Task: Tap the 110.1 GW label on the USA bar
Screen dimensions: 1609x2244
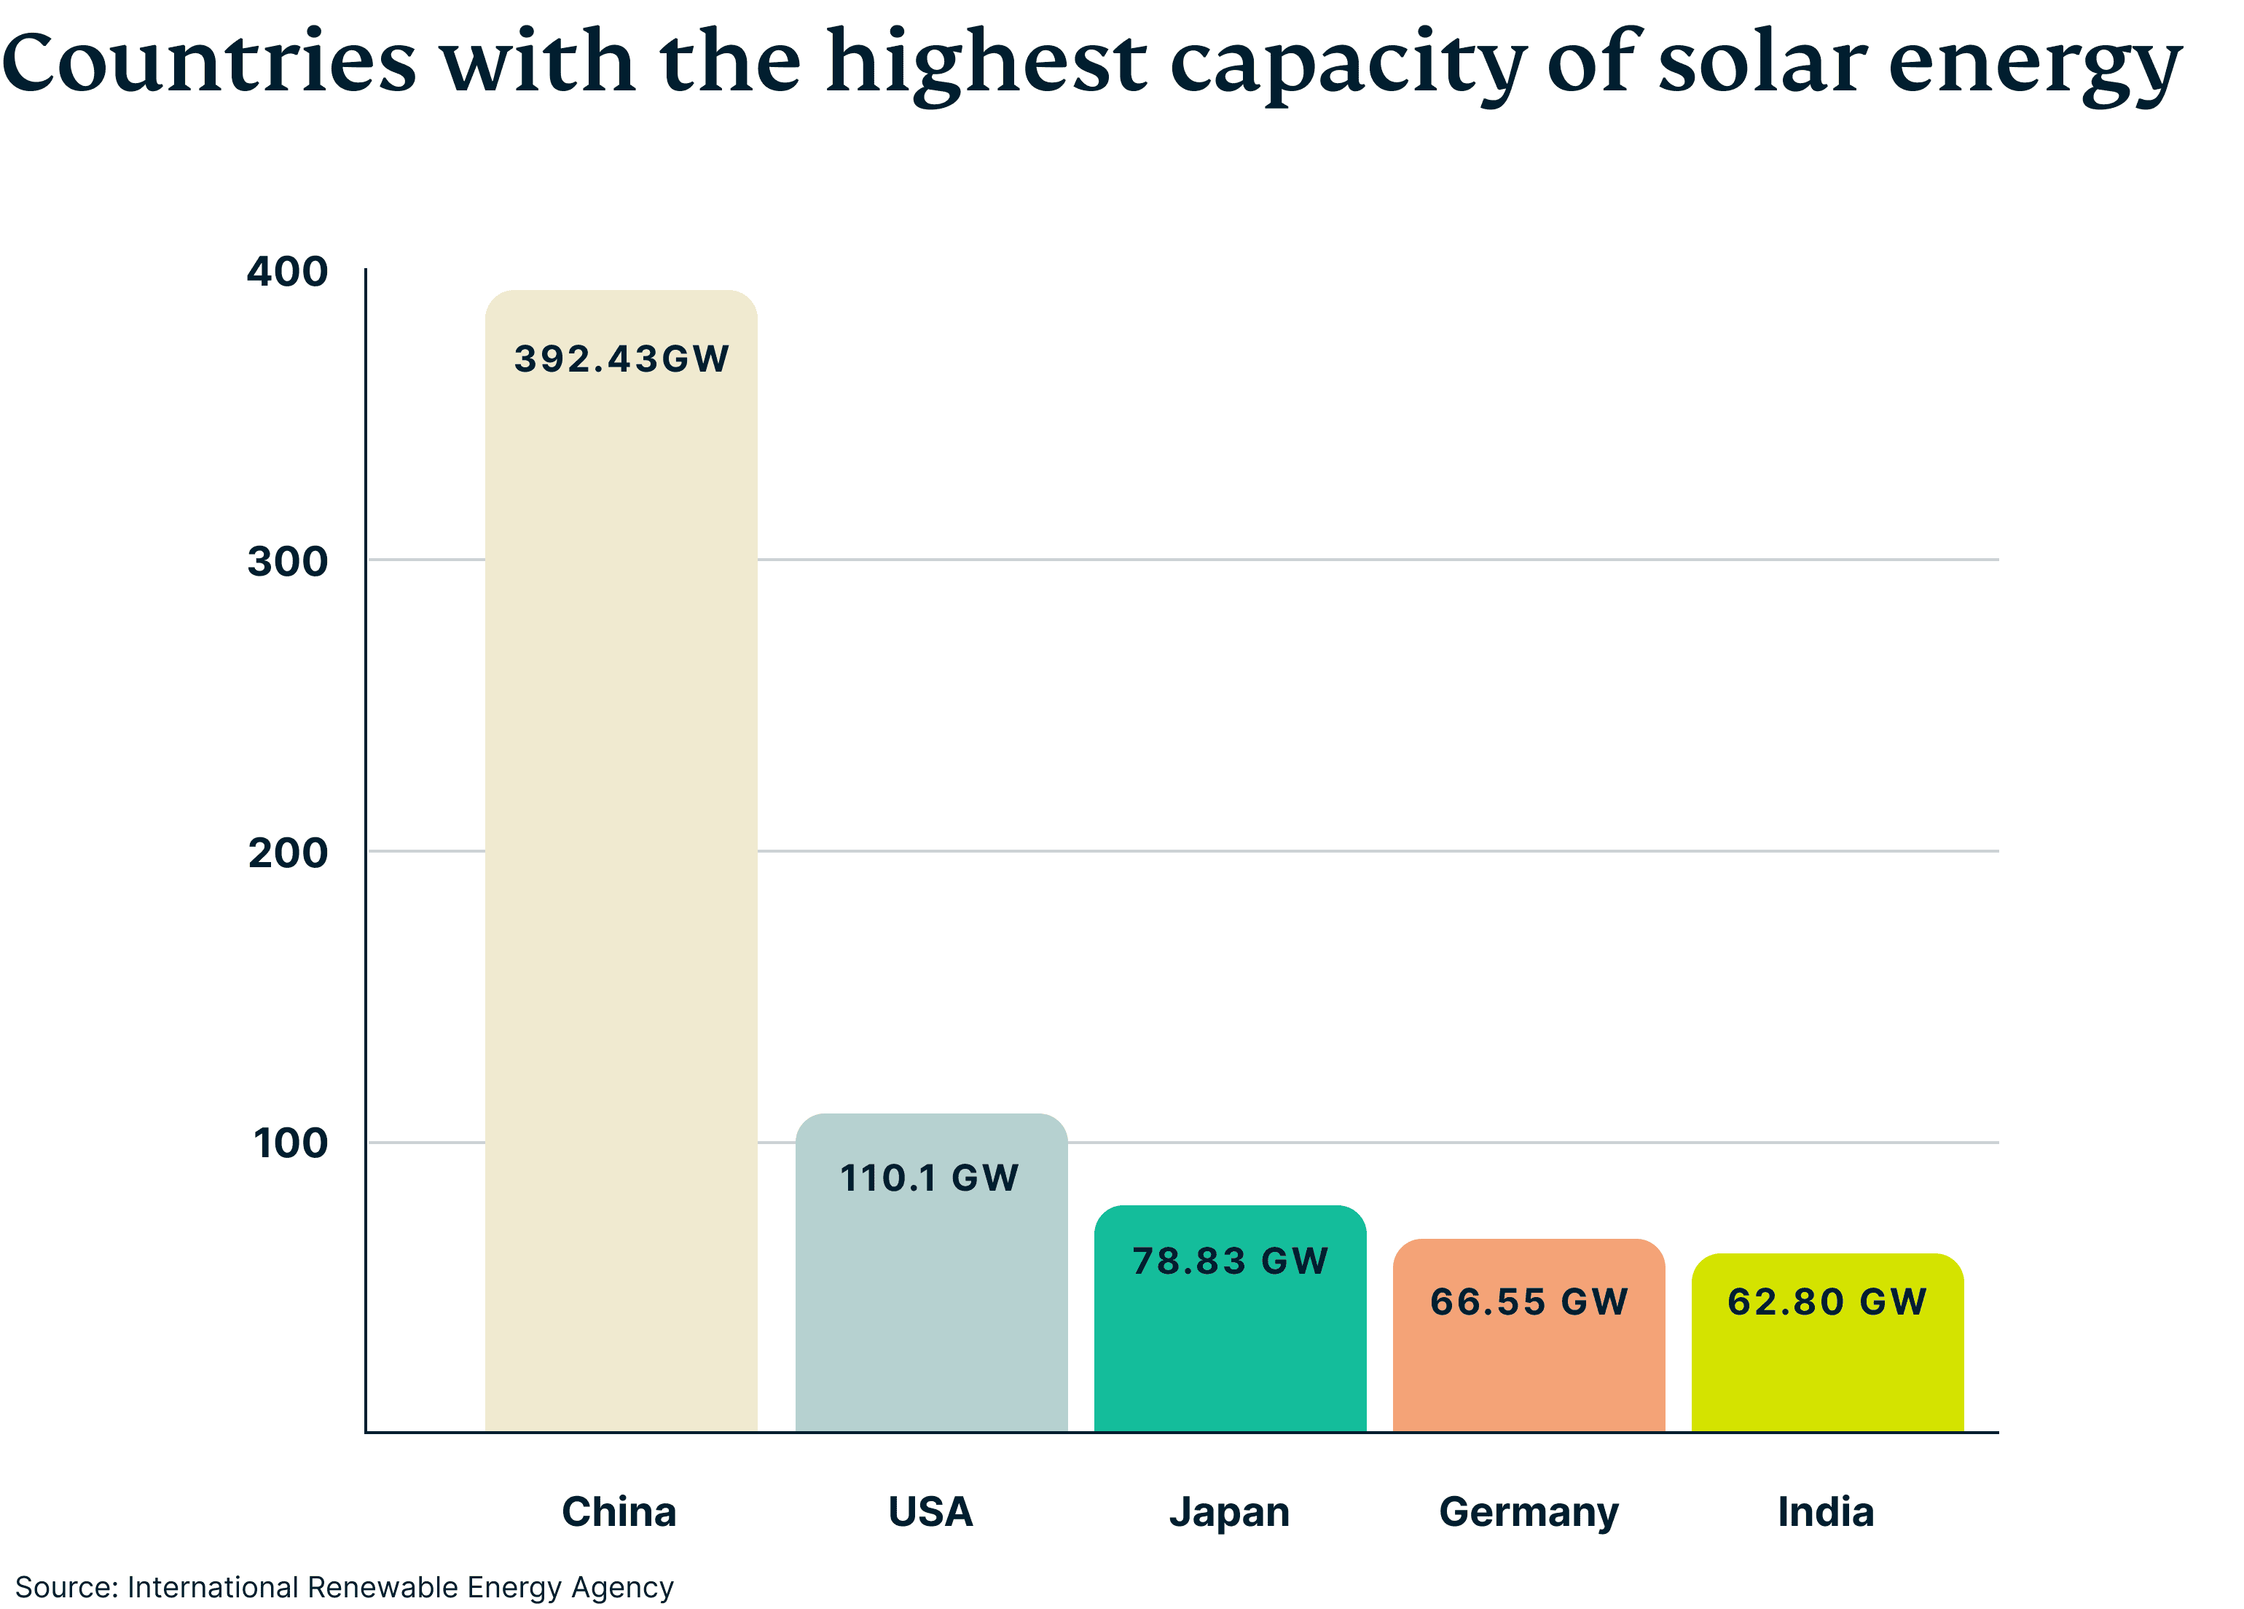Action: point(929,1178)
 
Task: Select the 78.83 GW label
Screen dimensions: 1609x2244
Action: point(1230,1261)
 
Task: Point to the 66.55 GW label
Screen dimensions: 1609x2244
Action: point(1529,1302)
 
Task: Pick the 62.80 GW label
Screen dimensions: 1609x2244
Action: point(1827,1302)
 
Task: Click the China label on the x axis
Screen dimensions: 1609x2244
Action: point(619,1513)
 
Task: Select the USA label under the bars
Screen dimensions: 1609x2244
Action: point(930,1513)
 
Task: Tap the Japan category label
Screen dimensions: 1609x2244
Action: point(1229,1513)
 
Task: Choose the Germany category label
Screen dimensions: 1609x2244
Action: point(1529,1513)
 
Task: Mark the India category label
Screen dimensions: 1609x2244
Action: point(1826,1513)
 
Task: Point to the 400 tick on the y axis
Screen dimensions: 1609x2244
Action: point(287,272)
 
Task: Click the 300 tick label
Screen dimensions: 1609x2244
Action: point(287,562)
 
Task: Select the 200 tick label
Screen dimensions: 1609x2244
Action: point(287,853)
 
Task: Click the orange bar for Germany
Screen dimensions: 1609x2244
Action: point(1529,1376)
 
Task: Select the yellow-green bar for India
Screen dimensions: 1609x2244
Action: point(1827,1380)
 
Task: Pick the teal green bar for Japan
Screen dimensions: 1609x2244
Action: point(1230,1355)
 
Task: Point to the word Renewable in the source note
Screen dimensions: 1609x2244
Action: point(382,1587)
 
